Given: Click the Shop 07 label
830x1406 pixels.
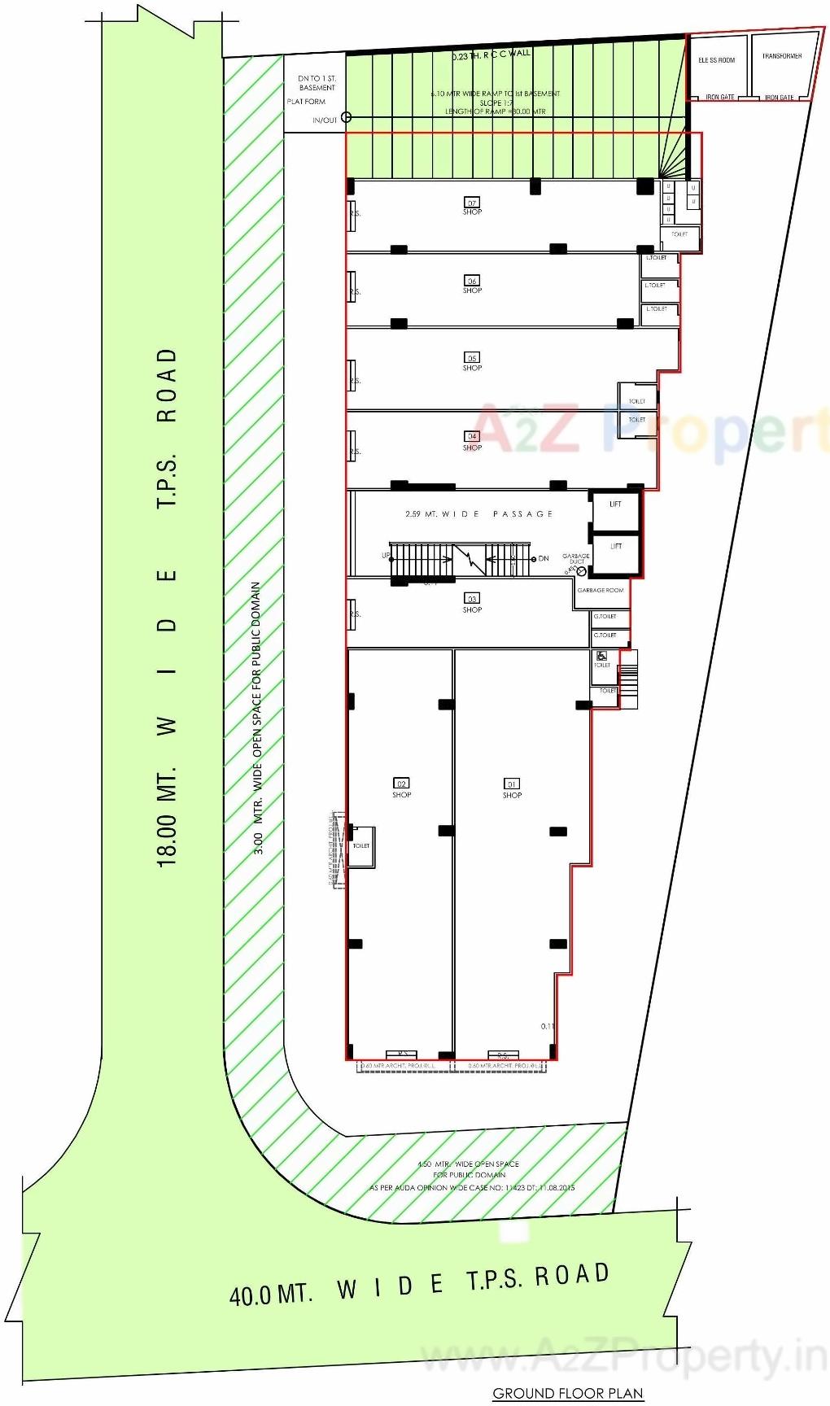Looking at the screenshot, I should (472, 207).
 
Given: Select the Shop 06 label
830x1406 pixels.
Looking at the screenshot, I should (472, 285).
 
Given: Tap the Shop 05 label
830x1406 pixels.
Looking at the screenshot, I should (472, 362).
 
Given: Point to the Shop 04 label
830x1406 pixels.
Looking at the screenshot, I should (472, 441).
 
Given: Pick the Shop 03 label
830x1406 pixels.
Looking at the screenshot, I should (472, 604).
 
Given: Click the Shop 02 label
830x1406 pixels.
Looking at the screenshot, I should (402, 788).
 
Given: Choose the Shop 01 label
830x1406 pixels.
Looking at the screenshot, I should (512, 788).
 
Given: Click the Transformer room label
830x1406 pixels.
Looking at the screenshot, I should (781, 56).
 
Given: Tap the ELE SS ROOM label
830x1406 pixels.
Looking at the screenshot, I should (716, 60).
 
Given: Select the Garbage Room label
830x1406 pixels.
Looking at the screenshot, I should (601, 590).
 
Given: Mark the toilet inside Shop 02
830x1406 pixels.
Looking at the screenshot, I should (360, 846).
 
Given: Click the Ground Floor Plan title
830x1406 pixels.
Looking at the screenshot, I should (567, 1393).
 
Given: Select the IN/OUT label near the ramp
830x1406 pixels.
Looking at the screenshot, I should (325, 120).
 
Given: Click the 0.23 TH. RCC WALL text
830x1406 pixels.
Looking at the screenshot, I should (491, 55).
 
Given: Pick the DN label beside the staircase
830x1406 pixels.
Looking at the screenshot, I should (544, 558).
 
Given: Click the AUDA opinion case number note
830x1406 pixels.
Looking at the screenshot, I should (472, 1188).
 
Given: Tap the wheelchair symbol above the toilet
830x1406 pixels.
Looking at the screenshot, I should (601, 656).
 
